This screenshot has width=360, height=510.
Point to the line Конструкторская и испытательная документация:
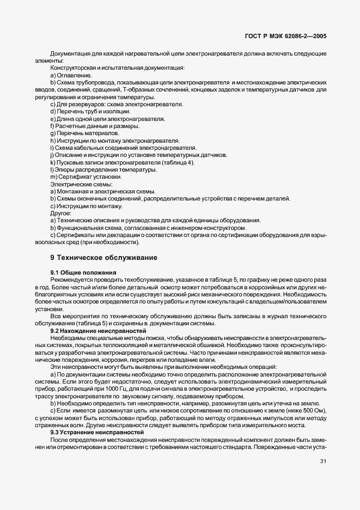(x=117, y=68)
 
